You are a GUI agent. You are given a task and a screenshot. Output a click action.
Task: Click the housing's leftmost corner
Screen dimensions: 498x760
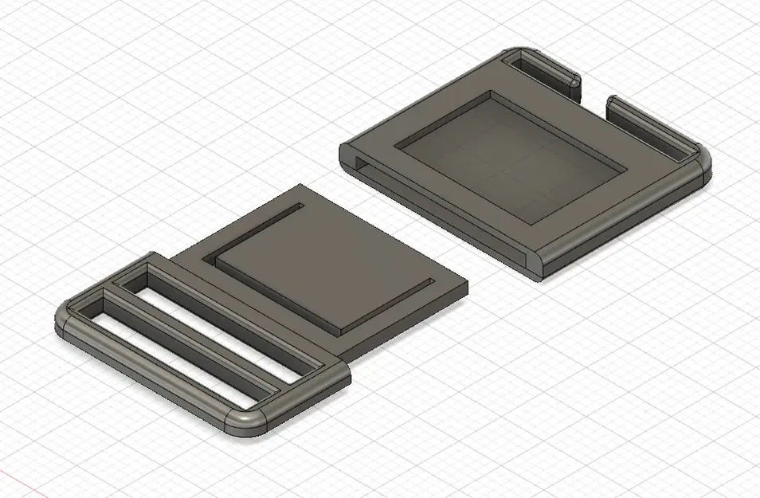(343, 148)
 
